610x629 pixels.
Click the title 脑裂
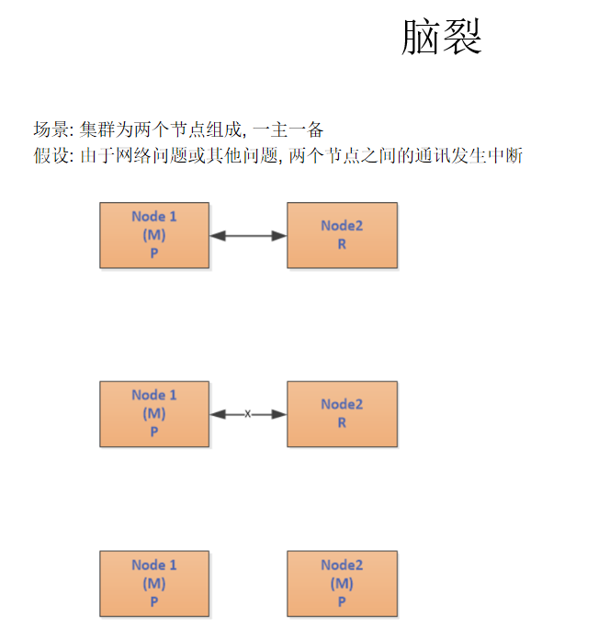click(x=442, y=38)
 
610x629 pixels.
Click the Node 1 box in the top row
click(x=154, y=235)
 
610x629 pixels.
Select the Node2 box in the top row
click(x=342, y=235)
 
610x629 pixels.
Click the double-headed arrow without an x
click(x=248, y=236)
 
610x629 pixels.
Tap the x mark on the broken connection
click(x=248, y=414)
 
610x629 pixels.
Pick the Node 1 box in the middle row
click(x=154, y=414)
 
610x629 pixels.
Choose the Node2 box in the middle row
click(x=342, y=414)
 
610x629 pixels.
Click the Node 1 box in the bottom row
click(x=154, y=583)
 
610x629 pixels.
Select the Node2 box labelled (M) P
click(x=342, y=583)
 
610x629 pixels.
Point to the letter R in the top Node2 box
click(x=342, y=245)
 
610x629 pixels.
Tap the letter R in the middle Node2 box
click(x=342, y=423)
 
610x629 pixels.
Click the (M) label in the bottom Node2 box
click(x=342, y=584)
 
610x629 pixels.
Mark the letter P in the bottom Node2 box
click(x=342, y=601)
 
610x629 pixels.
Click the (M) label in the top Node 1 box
click(x=154, y=235)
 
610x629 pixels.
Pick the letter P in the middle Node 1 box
click(x=154, y=432)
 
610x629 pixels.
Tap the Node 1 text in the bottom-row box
click(x=154, y=565)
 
